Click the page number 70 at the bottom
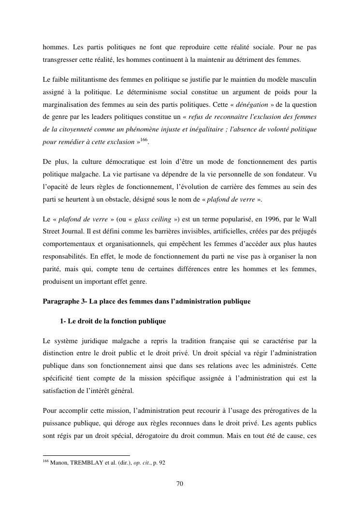(x=180, y=483)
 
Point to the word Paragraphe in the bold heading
(x=60, y=301)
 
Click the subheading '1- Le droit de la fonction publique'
(x=113, y=321)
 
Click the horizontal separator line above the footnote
(x=86, y=455)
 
